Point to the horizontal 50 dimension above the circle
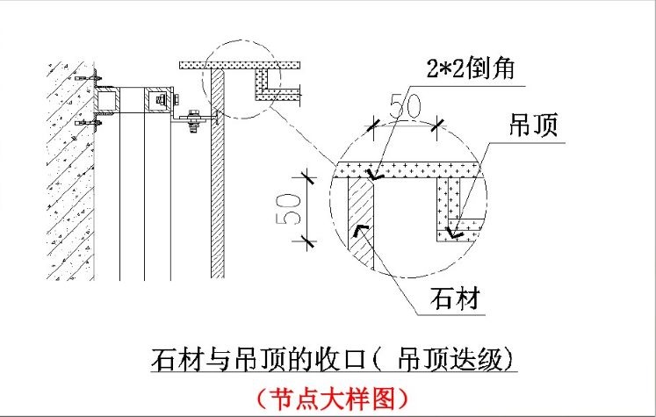click(406, 105)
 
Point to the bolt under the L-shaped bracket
click(195, 128)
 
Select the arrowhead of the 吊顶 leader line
click(454, 233)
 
